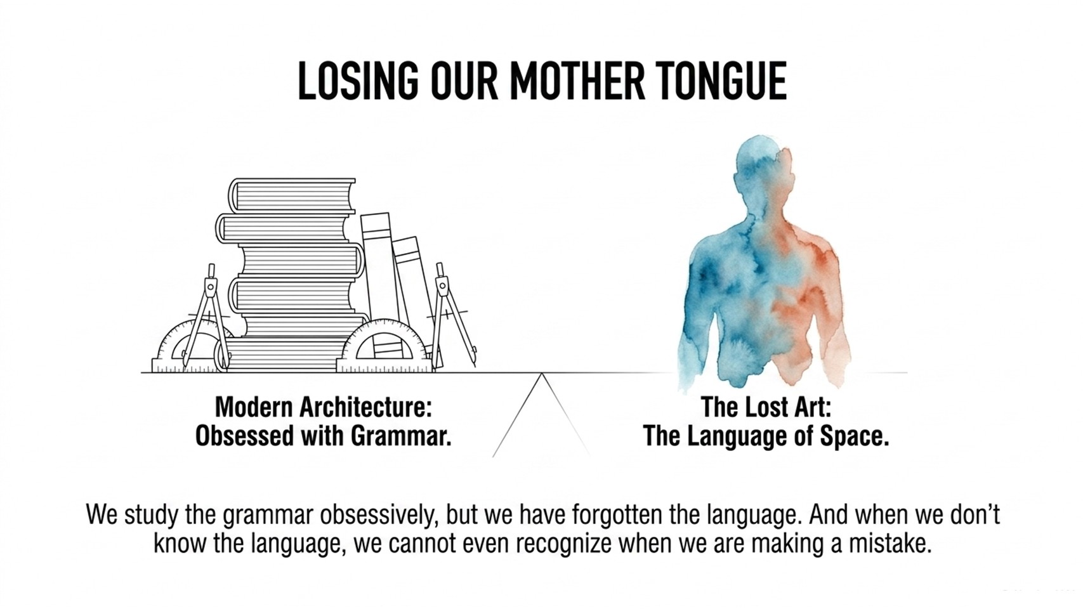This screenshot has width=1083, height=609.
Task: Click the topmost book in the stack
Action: [x=292, y=195]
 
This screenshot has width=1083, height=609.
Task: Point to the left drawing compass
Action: [x=206, y=317]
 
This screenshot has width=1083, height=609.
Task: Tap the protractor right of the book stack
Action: [x=384, y=346]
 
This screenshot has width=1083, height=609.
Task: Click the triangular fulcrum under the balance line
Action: [x=542, y=415]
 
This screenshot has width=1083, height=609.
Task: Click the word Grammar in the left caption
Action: [x=401, y=436]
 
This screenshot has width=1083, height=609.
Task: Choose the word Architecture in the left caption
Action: [x=365, y=407]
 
